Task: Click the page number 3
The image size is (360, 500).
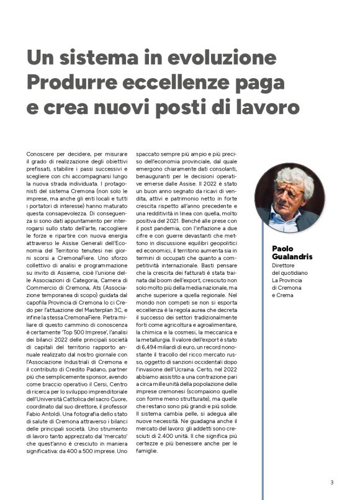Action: click(332, 482)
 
